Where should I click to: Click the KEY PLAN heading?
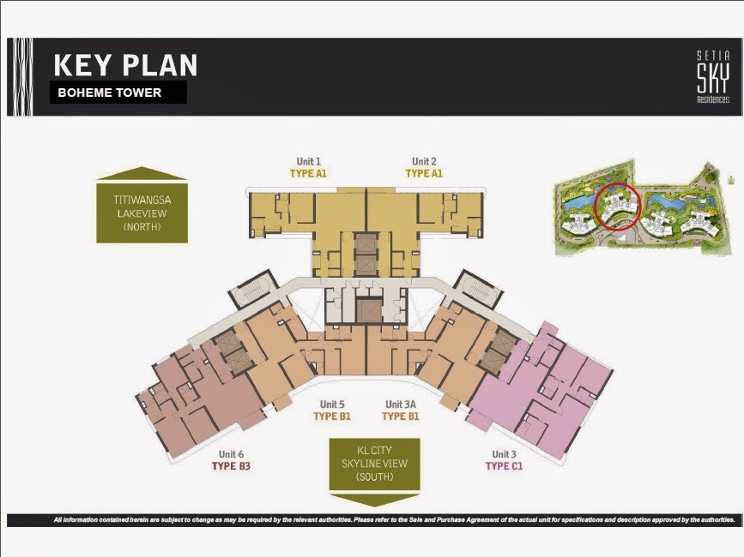tap(125, 66)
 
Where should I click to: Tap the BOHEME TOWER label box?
tap(118, 93)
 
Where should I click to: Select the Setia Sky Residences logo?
tap(712, 77)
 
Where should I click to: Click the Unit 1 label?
tap(308, 161)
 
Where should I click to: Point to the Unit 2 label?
tap(424, 161)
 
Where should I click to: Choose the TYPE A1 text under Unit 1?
tap(308, 173)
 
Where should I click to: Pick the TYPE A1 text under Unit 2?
tap(424, 173)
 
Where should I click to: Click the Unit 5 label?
tap(332, 404)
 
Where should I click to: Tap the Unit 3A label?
tap(400, 404)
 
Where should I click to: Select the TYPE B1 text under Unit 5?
tap(332, 416)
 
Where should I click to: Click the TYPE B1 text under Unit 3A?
tap(400, 416)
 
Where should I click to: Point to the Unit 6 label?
tap(231, 454)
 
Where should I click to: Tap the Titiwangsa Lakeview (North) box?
tap(142, 212)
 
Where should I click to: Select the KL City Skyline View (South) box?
tap(375, 464)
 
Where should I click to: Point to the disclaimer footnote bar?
tap(372, 520)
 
